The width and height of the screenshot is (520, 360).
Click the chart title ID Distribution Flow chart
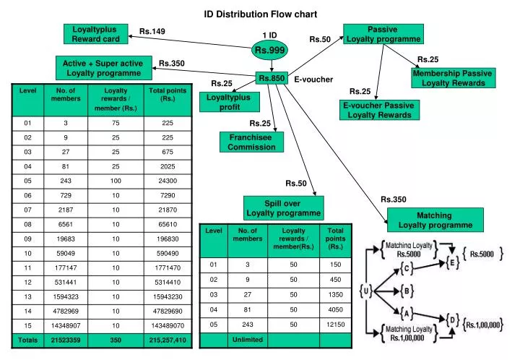[x=260, y=14]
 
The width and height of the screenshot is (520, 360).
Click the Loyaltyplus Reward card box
[x=95, y=34]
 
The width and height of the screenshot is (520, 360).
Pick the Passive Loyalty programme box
[x=382, y=34]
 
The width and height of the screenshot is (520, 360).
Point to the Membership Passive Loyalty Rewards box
[x=452, y=78]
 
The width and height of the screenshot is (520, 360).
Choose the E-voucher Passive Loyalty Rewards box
[x=378, y=110]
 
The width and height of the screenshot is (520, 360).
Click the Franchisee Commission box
[x=251, y=142]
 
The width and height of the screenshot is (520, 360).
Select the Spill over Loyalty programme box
[x=283, y=208]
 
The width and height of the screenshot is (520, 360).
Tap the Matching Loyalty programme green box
[x=434, y=220]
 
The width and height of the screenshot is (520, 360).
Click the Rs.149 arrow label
[x=152, y=31]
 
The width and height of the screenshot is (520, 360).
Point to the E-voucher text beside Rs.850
[x=313, y=79]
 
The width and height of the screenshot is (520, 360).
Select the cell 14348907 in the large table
[x=66, y=325]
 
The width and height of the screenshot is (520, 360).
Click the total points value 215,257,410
[x=167, y=340]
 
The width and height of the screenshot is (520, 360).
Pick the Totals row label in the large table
[x=28, y=340]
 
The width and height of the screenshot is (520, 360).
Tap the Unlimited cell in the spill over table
[x=248, y=339]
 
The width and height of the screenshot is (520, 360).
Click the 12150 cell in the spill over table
[x=335, y=324]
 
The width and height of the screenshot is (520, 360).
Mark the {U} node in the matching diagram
[x=366, y=291]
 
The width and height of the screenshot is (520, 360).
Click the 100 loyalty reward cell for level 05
[x=116, y=180]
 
